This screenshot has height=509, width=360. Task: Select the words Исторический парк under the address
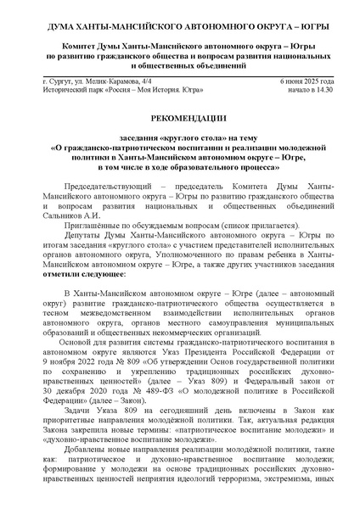coord(71,88)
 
